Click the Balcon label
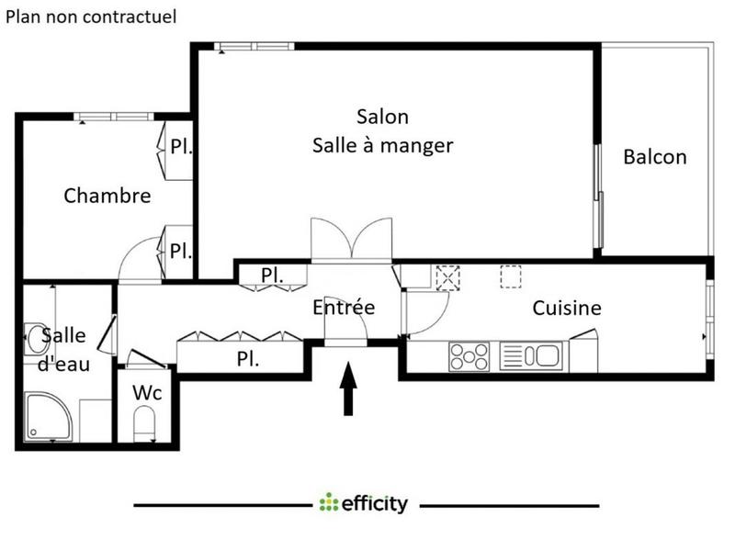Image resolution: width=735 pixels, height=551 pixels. (x=654, y=157)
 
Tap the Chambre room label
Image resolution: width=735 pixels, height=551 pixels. (x=107, y=196)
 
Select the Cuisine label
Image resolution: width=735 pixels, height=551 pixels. (x=567, y=308)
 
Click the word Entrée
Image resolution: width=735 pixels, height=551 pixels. (x=344, y=308)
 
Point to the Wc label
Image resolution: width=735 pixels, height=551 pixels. (x=147, y=392)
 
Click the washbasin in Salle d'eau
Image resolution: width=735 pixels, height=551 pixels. (x=37, y=338)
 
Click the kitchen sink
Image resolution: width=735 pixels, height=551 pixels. (x=530, y=356)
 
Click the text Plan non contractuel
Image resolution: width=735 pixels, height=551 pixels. (x=92, y=17)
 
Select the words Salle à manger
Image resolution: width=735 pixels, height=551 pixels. (x=383, y=145)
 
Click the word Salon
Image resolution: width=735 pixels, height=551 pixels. (x=382, y=117)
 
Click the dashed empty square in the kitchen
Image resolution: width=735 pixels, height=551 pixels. (x=510, y=275)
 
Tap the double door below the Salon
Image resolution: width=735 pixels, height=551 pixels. (x=352, y=241)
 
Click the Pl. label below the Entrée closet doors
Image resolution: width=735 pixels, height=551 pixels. (x=246, y=359)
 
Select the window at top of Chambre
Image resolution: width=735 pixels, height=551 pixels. (x=115, y=117)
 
